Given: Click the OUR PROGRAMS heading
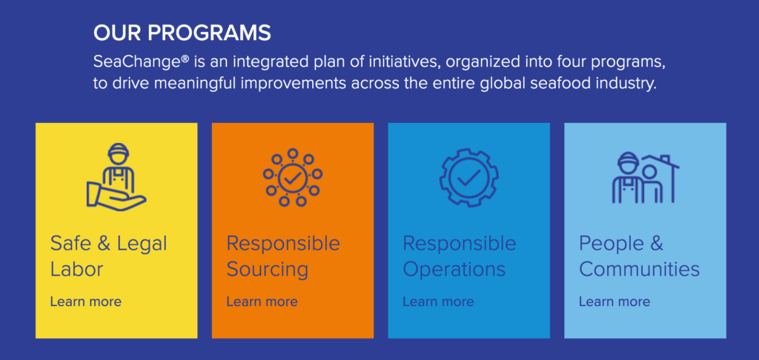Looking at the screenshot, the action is coord(182,33).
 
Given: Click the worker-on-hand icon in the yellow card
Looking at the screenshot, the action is coord(116,177).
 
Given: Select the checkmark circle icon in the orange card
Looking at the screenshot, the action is coord(292,178).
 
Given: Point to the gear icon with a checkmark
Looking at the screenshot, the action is coord(468,178).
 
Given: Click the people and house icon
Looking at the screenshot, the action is coord(646,178).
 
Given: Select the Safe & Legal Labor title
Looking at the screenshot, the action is coord(108,256).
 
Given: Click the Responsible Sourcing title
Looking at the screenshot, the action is coord(283,256).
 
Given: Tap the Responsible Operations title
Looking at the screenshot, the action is coord(460,256).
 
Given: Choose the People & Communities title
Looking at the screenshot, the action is coord(639,256).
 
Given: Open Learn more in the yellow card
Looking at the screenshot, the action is coord(86,301).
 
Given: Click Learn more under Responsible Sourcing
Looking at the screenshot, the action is coord(262,301).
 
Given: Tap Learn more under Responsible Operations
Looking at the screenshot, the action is coord(438,301).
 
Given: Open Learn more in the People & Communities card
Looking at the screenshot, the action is coord(614,301).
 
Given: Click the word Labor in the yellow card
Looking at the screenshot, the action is coord(76,269).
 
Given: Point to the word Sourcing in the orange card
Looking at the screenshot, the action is coord(267,270).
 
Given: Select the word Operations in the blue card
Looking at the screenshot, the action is coord(454,270).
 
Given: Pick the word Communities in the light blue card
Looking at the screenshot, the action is coord(639,269).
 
